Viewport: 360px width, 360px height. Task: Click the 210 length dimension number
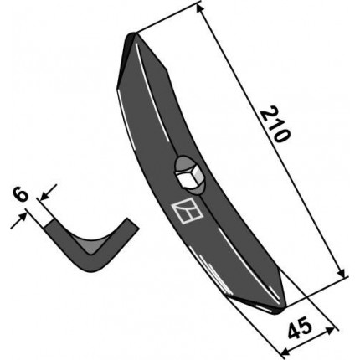pos(275,125)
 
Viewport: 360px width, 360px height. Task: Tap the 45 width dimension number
pos(300,328)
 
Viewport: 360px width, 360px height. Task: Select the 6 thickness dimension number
pos(21,195)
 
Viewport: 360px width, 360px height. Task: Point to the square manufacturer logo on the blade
pos(187,211)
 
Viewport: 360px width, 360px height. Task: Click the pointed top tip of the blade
pos(132,34)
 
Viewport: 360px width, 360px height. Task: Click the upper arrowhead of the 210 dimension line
pos(198,8)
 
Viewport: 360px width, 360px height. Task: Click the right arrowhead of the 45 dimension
pos(330,331)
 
